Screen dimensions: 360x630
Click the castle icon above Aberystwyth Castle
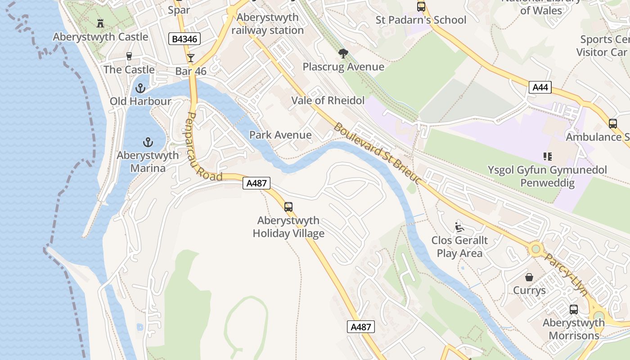coord(100,23)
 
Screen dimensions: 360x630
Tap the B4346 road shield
coord(184,39)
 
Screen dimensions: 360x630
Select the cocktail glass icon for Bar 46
coord(191,58)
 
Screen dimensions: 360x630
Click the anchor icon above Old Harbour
coord(140,88)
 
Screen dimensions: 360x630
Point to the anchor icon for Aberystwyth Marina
coord(148,143)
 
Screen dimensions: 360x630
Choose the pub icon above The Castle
coord(129,56)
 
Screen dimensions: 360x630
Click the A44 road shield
coord(540,87)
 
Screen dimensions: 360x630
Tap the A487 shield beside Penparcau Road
coord(256,183)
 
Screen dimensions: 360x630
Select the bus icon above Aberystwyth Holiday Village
coord(288,207)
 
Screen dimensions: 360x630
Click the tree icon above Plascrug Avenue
coord(343,54)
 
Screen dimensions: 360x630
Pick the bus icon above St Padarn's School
coord(421,7)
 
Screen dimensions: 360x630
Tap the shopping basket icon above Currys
coord(529,277)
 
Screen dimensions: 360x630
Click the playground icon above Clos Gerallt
coord(459,227)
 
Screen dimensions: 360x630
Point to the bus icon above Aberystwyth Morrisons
coord(573,310)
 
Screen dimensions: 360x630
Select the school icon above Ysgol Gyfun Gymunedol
coord(547,157)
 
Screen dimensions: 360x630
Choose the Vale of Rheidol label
coord(328,100)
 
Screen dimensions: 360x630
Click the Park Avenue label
coord(280,135)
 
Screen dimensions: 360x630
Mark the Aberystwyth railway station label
coord(267,24)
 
